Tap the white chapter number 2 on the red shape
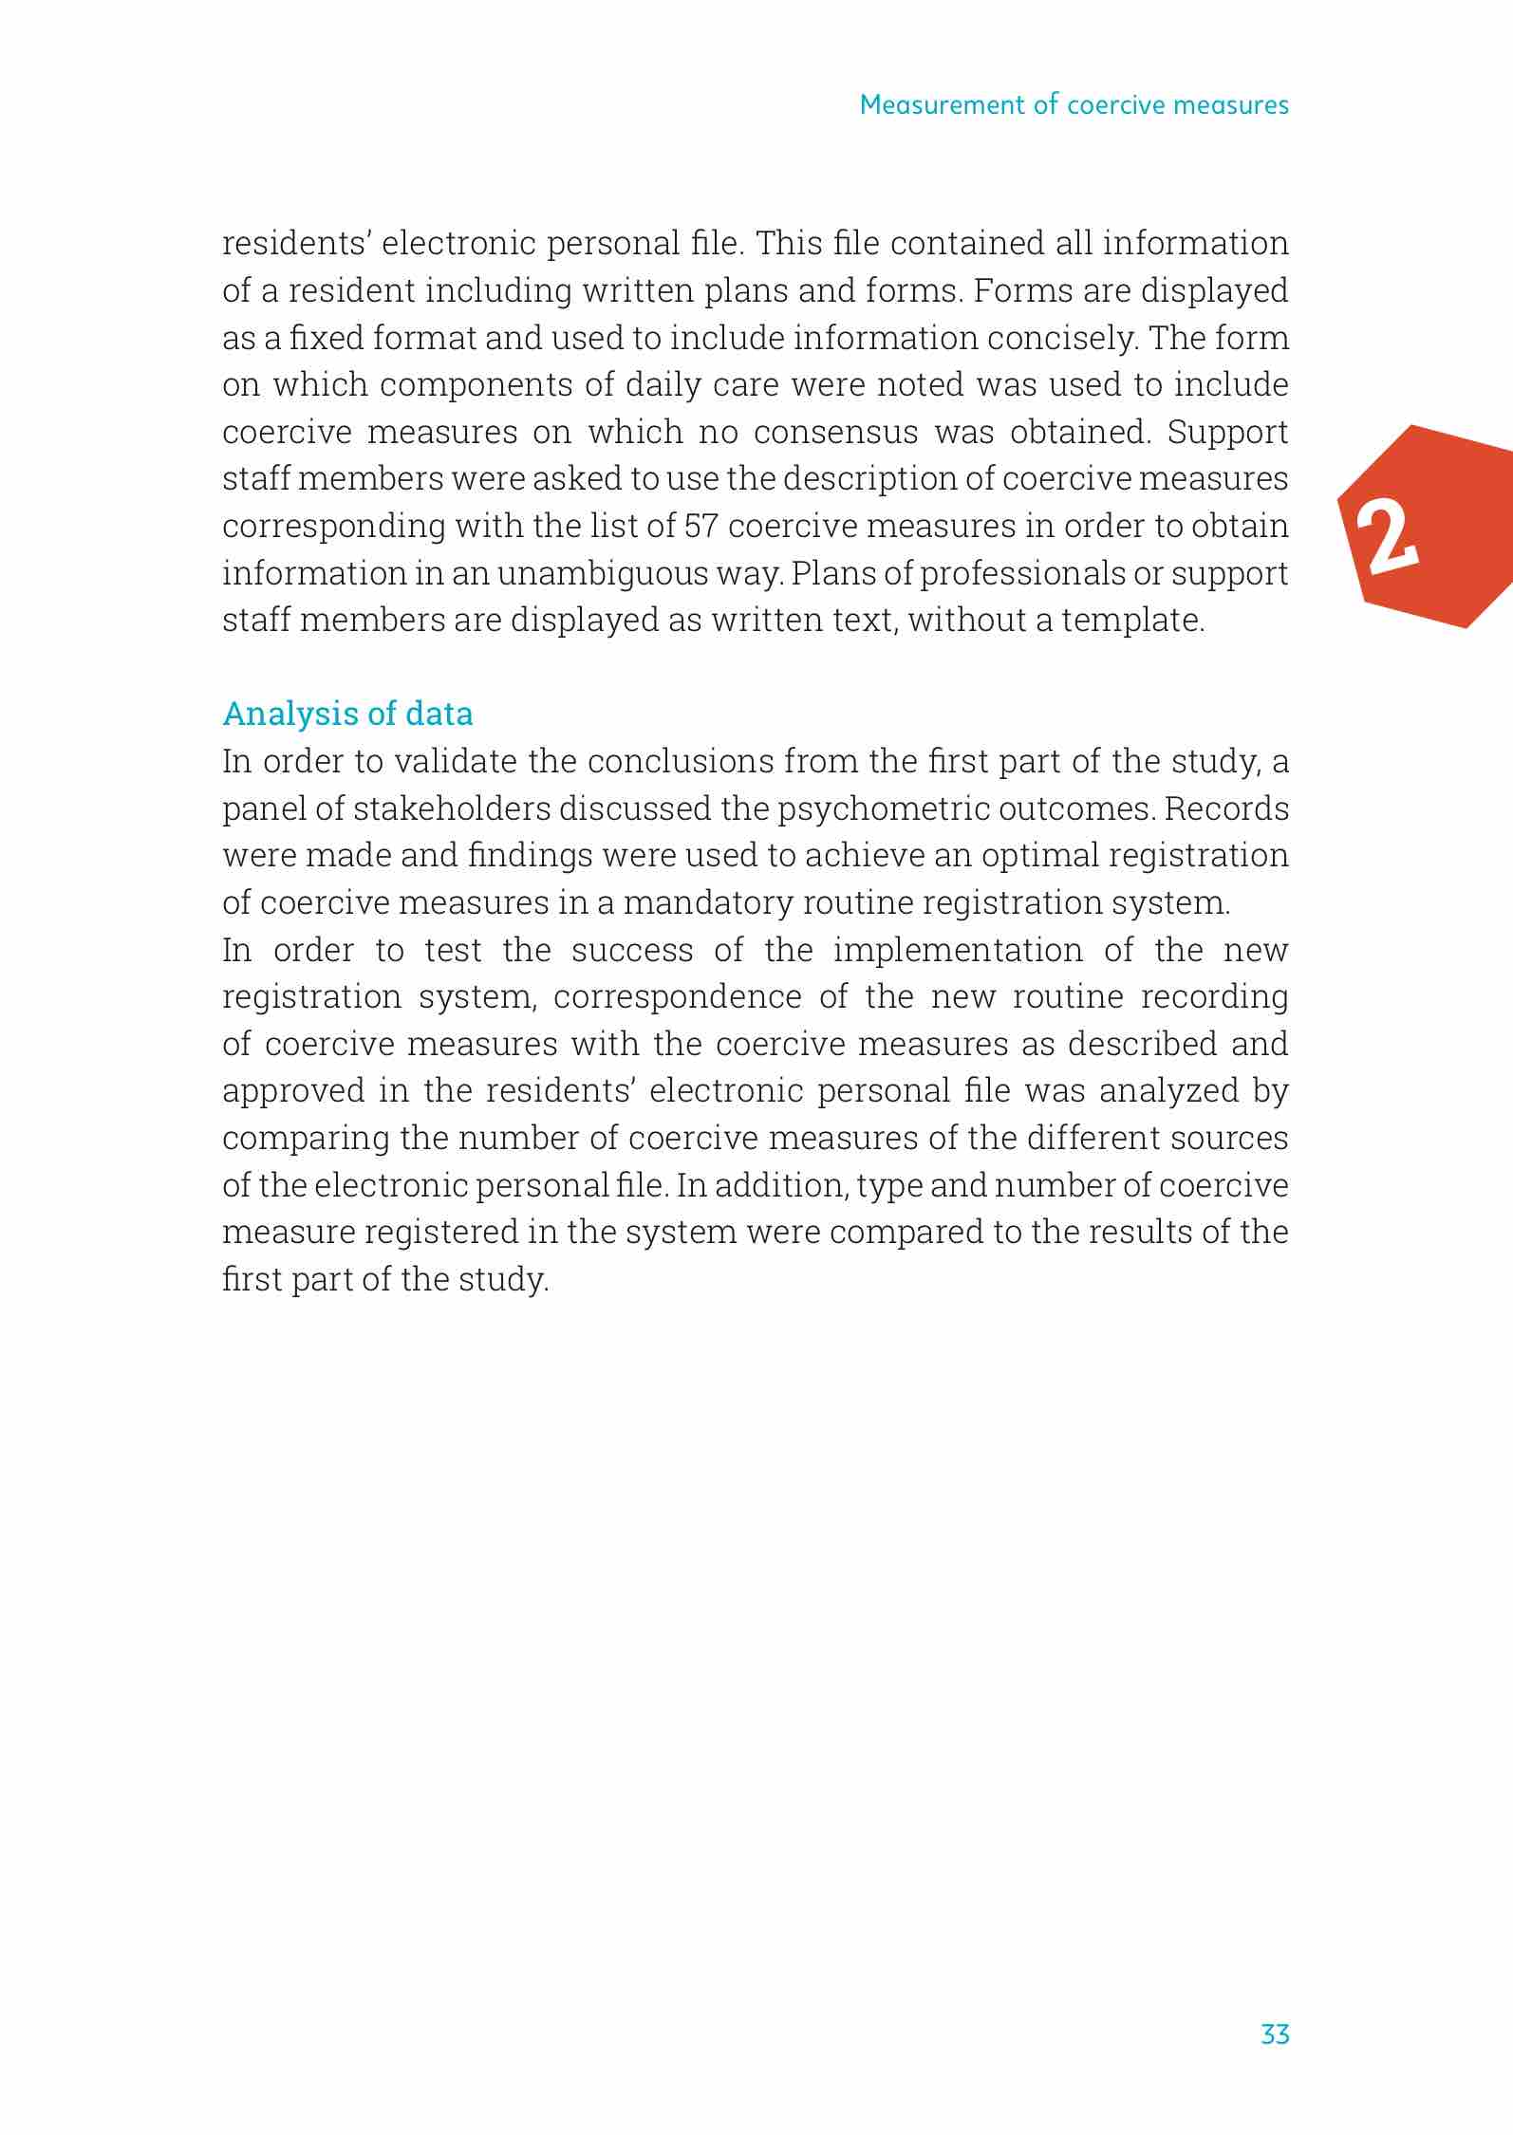coord(1387,538)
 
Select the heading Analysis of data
coord(347,714)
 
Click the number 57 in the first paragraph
coord(700,526)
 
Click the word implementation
coord(958,950)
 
